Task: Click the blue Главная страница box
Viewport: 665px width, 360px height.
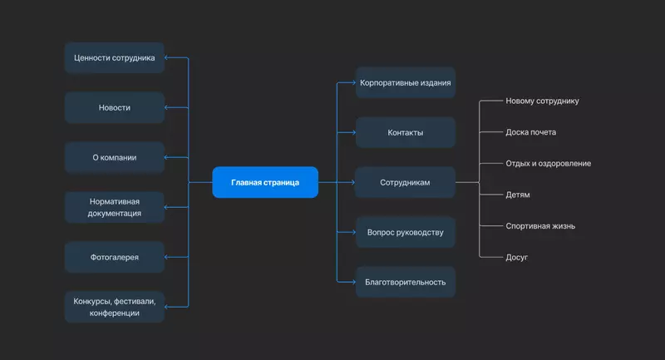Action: pyautogui.click(x=265, y=182)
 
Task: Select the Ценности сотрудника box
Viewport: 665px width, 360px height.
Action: pyautogui.click(x=115, y=57)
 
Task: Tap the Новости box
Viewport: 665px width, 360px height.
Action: pyautogui.click(x=115, y=107)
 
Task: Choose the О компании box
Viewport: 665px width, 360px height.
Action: pyautogui.click(x=115, y=157)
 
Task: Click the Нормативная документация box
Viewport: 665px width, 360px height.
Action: pyautogui.click(x=115, y=207)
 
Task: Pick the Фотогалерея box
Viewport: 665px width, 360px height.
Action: pyautogui.click(x=115, y=257)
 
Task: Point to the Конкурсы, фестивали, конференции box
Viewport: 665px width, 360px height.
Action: pyautogui.click(x=115, y=307)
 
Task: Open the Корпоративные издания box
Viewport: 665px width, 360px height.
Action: pyautogui.click(x=406, y=83)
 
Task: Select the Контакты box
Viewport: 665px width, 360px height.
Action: pyautogui.click(x=406, y=132)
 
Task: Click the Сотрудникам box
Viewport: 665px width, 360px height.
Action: pyautogui.click(x=406, y=182)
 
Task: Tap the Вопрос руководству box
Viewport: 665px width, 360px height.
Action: pyautogui.click(x=406, y=232)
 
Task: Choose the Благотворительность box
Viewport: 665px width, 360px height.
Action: pyautogui.click(x=406, y=282)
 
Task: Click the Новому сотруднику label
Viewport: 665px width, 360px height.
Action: pyautogui.click(x=542, y=101)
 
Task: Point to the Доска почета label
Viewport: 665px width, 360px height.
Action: pyautogui.click(x=531, y=132)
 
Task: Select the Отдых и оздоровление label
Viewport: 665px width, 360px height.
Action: pyautogui.click(x=549, y=164)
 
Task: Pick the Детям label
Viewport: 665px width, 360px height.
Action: pyautogui.click(x=518, y=195)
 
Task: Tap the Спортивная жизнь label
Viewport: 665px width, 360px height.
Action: pyautogui.click(x=540, y=226)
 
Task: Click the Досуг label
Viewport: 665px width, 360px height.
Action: pyautogui.click(x=517, y=258)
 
